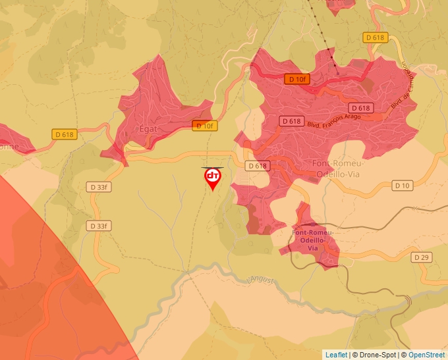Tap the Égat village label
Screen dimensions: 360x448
coord(148,129)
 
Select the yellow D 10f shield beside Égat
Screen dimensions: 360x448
coord(204,125)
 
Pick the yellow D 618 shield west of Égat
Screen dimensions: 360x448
coord(64,134)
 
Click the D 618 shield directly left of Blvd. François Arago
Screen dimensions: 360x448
coord(291,121)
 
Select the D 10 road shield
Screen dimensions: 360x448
coord(402,186)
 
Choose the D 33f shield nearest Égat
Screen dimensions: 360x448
coord(97,187)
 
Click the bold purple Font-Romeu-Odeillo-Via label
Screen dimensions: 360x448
coord(312,240)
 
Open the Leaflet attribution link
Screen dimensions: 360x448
coord(336,355)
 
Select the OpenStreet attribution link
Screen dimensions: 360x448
coord(426,355)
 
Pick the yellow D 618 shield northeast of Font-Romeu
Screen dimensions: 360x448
coord(374,38)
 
